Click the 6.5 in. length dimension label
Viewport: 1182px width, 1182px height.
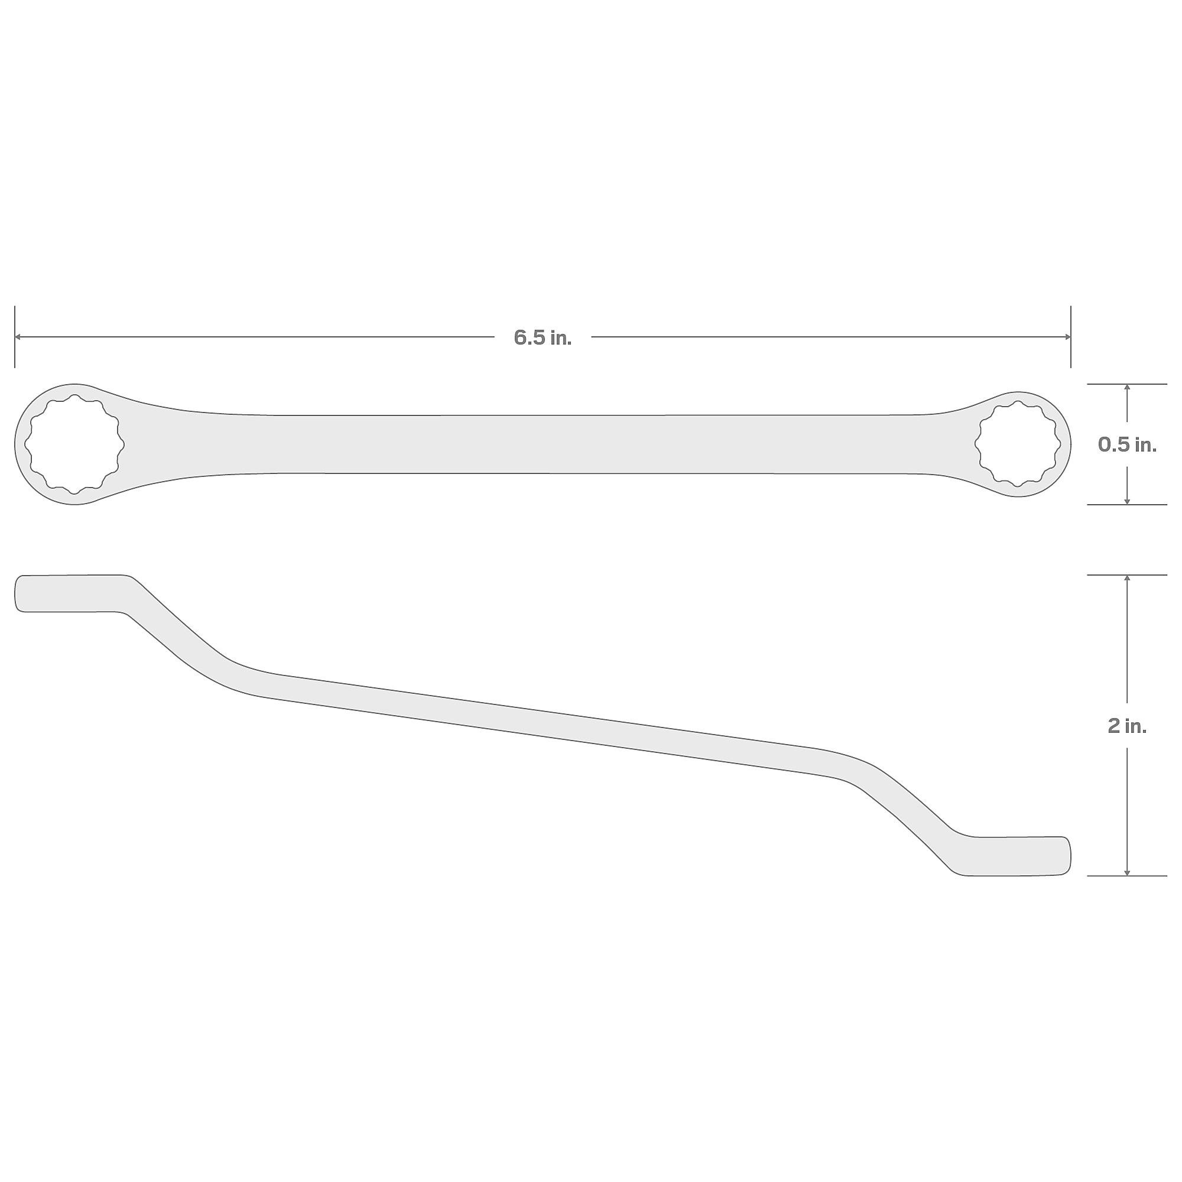[x=543, y=337]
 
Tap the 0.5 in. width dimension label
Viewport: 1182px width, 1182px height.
[x=1127, y=444]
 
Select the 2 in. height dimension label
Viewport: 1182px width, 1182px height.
[x=1127, y=726]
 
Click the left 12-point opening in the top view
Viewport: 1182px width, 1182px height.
[x=74, y=444]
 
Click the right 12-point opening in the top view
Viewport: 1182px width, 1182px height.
[x=1018, y=444]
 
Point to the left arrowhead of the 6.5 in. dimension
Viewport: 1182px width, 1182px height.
[x=18, y=337]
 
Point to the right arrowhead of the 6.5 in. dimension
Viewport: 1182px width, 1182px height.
[x=1067, y=337]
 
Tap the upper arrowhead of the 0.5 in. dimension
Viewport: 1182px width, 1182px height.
[x=1127, y=388]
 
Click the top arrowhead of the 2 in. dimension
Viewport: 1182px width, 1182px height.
[x=1127, y=579]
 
